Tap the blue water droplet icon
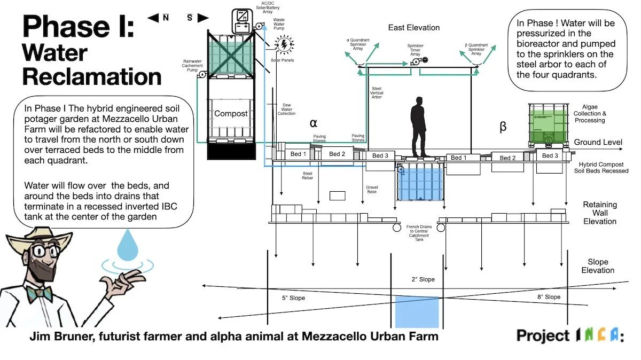pos(127,246)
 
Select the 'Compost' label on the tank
pos(231,114)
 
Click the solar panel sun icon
pos(284,43)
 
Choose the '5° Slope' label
pos(293,298)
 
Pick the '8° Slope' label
pos(549,297)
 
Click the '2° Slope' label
pos(423,279)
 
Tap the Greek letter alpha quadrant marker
pos(314,123)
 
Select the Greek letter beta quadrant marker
pos(503,127)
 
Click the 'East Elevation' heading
pos(414,27)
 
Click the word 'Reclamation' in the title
pos(92,76)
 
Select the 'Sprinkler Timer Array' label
pos(415,50)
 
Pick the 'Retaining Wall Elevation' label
pos(599,213)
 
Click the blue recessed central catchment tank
pos(420,182)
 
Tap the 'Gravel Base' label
pos(372,189)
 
